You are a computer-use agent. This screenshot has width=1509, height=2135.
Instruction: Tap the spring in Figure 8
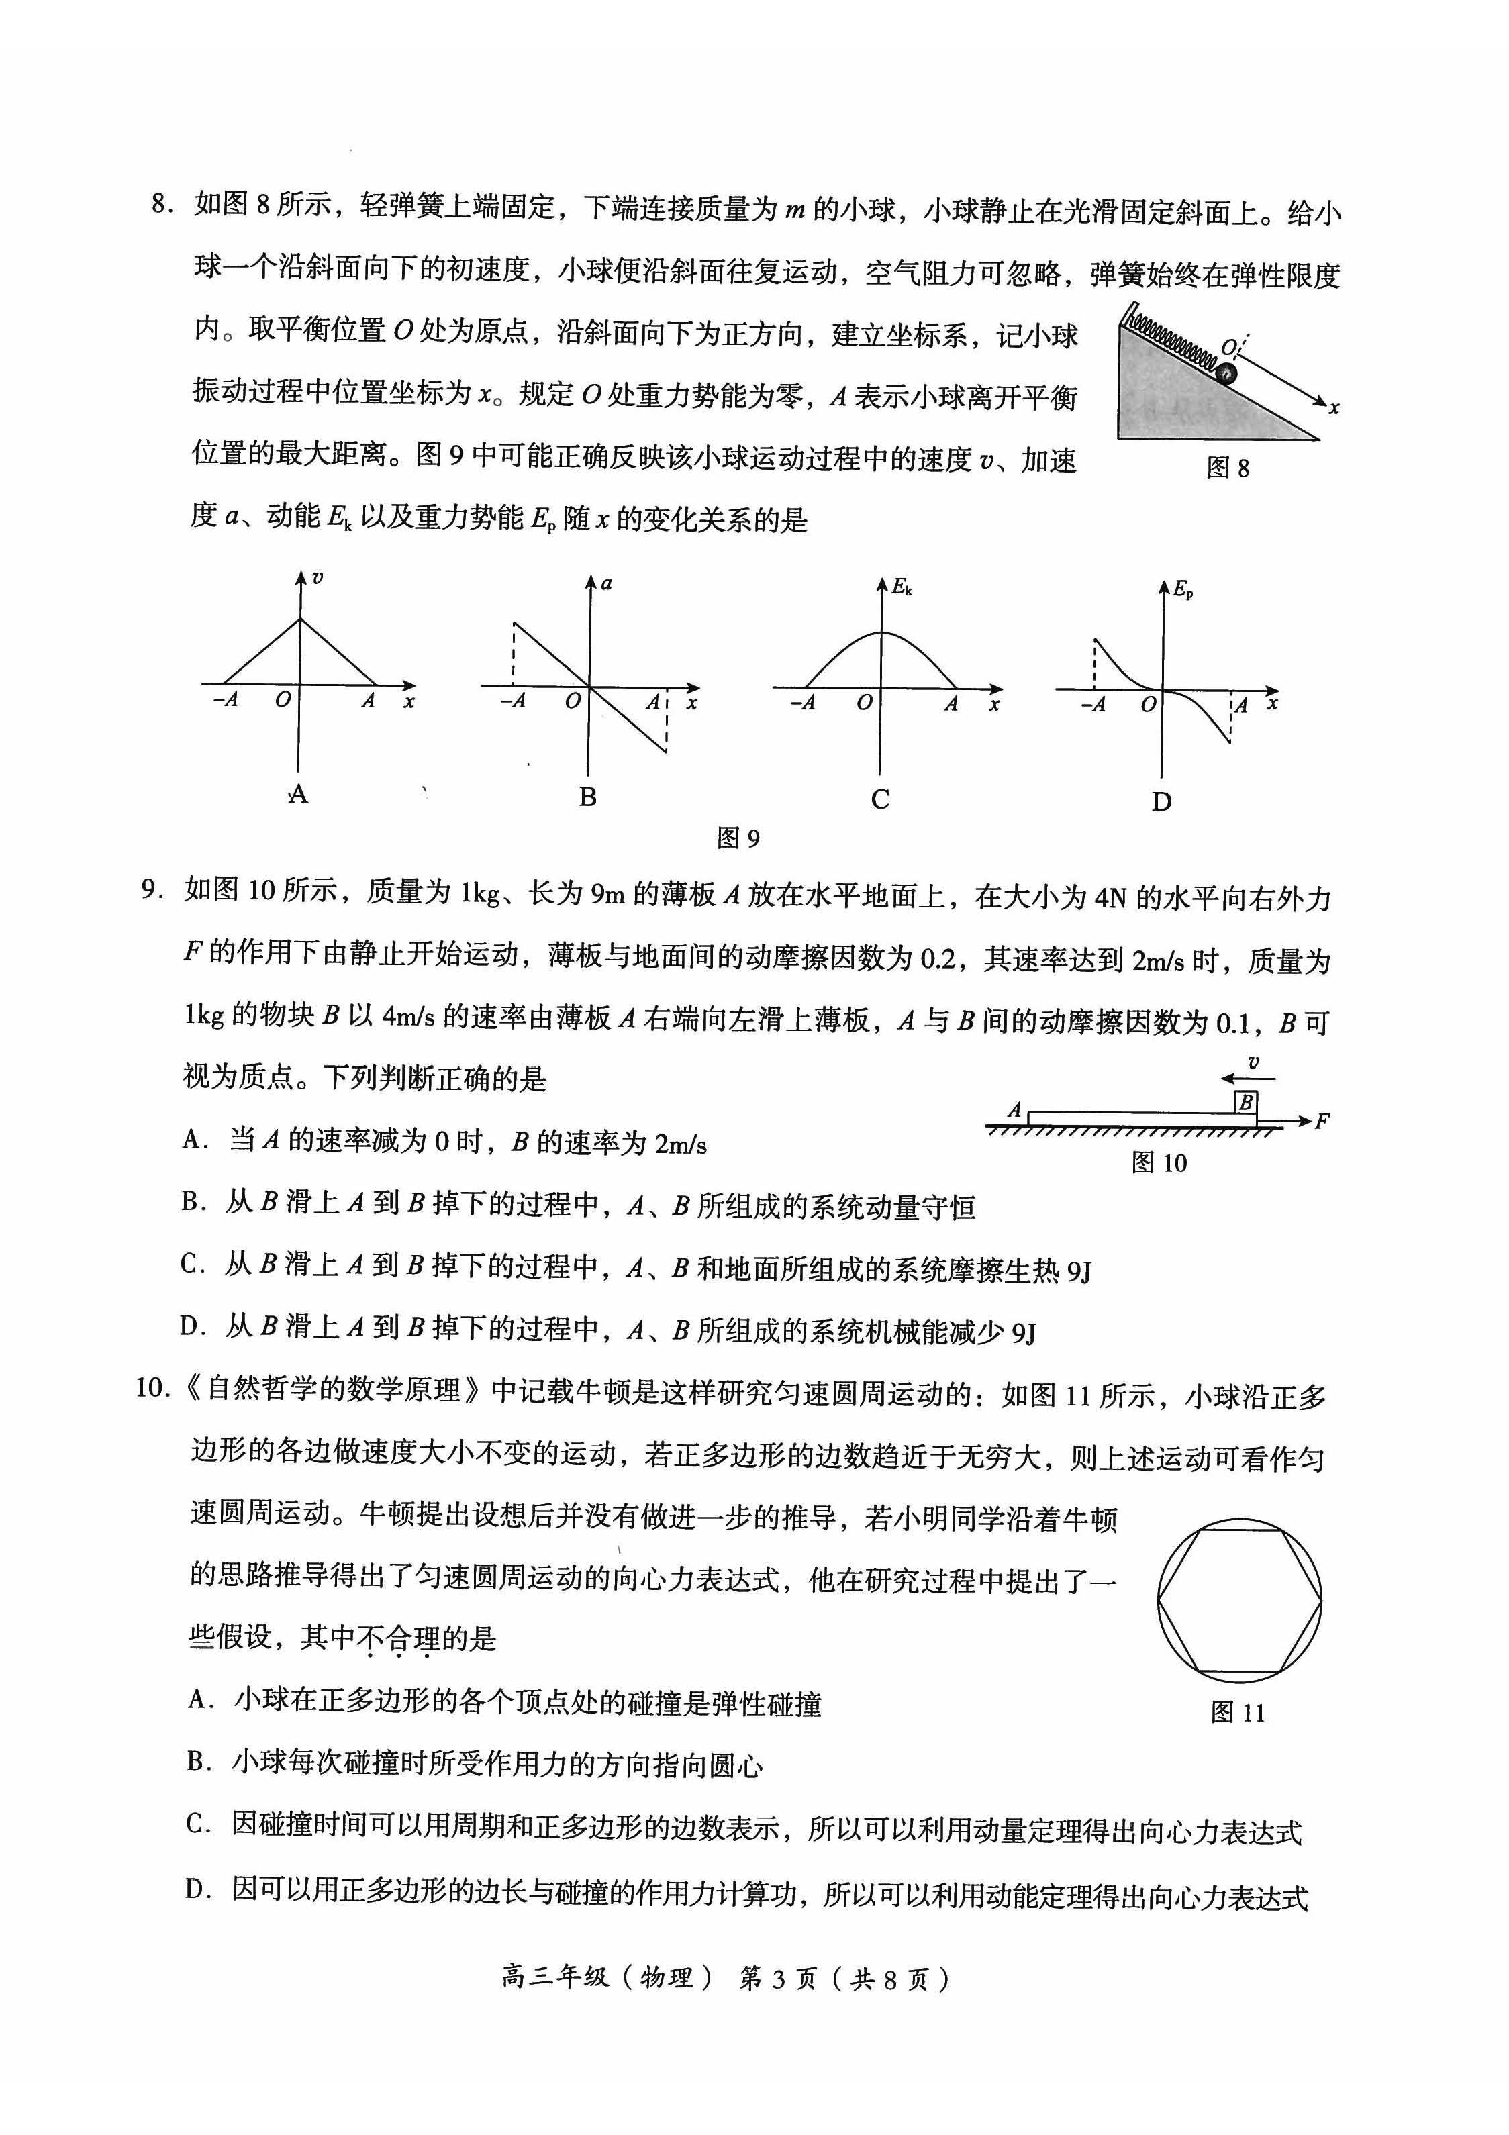pos(1171,340)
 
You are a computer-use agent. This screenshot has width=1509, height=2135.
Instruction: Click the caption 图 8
pos(1227,468)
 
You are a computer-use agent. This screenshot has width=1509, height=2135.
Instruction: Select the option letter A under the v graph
pos(297,793)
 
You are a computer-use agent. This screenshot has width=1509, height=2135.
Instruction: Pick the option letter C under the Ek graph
pos(879,799)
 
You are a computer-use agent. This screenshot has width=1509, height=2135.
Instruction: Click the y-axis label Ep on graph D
pos(1183,589)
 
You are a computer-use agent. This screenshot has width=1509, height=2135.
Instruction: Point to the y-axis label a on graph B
pos(606,583)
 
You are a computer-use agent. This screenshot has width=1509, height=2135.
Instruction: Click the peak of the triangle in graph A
pos(299,618)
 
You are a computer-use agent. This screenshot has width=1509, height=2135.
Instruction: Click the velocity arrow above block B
pos(1249,1079)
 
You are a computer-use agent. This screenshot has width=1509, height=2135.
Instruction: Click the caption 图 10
pos(1159,1162)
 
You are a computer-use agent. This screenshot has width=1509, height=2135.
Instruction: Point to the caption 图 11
pos(1238,1713)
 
